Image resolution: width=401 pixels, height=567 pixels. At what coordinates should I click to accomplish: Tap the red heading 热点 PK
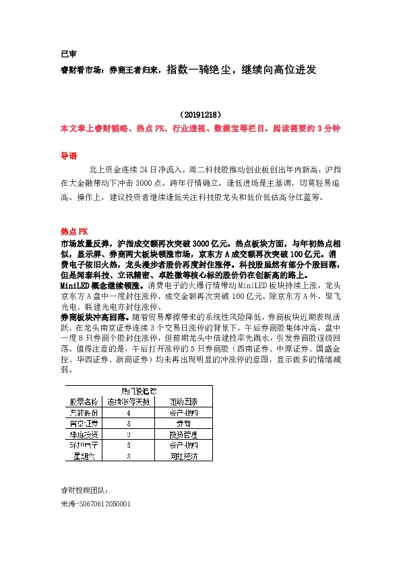(x=74, y=230)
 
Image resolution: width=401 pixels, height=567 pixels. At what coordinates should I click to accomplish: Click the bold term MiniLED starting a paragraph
(x=76, y=286)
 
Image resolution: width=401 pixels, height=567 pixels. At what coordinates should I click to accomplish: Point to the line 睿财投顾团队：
(x=84, y=491)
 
